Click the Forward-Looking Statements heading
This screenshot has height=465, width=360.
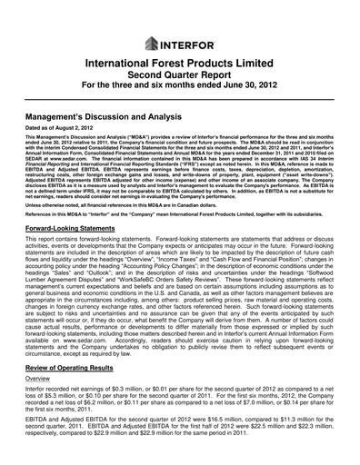coord(75,232)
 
